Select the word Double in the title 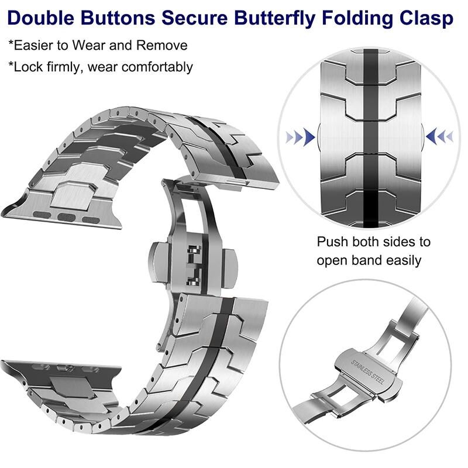tap(40, 18)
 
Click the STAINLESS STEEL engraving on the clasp tap(367, 372)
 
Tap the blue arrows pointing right tap(300, 137)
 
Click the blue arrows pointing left tap(439, 136)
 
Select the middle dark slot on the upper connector tap(66, 217)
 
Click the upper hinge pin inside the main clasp tap(194, 250)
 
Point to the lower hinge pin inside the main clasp tap(194, 281)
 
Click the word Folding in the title tap(357, 19)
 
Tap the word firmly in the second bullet tap(64, 67)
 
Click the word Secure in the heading tap(194, 18)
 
